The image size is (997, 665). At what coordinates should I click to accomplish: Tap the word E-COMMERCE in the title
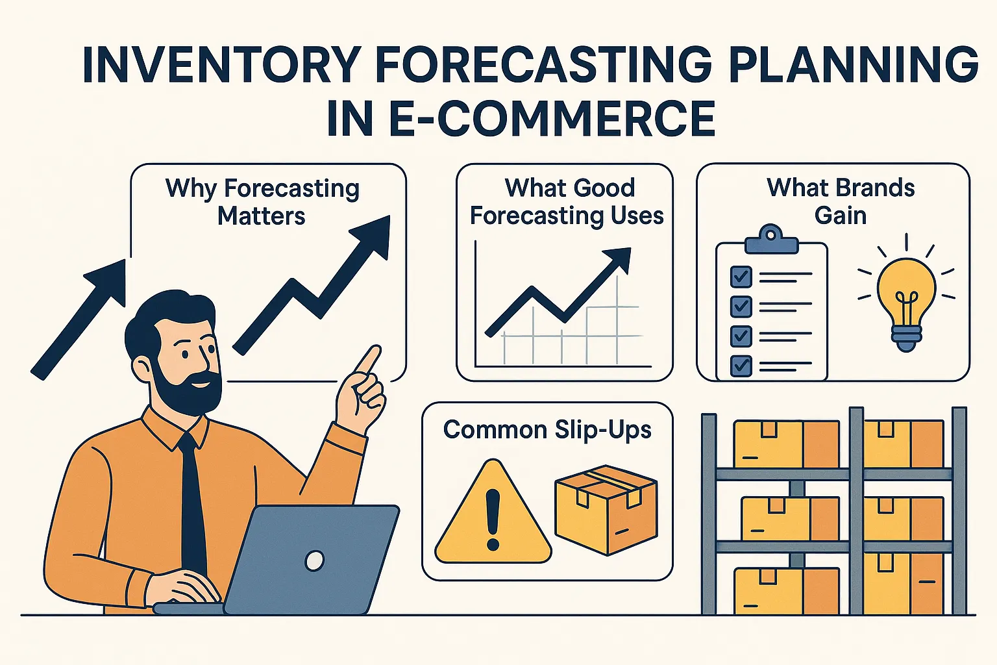552,119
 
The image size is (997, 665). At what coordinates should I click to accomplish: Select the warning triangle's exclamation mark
493,519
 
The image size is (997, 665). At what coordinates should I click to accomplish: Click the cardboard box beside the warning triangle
606,510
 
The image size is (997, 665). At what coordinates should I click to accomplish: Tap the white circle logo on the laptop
314,560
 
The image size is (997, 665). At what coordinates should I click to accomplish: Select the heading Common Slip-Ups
547,431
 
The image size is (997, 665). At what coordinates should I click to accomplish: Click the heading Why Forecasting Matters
262,202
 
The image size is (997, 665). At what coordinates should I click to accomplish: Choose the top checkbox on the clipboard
741,277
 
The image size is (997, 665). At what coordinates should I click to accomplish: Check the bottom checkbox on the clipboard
741,366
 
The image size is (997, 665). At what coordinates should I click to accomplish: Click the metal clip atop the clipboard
771,240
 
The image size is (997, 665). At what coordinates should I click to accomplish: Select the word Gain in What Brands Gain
841,216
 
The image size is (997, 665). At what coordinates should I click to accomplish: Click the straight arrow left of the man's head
79,320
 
